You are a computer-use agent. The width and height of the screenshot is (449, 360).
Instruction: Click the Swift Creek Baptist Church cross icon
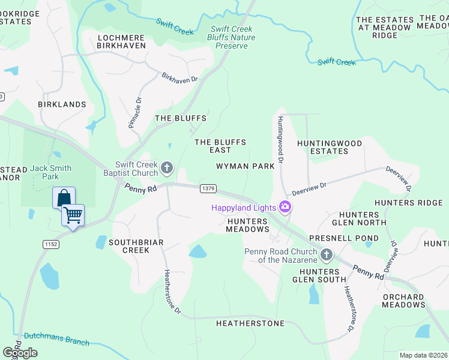point(167,166)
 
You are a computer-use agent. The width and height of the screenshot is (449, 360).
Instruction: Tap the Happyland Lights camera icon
point(285,208)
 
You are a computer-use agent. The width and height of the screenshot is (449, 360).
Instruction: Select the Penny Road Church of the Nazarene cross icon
point(327,256)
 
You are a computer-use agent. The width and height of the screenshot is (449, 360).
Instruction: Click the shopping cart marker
point(73,214)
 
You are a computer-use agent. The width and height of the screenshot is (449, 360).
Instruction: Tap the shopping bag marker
point(64,197)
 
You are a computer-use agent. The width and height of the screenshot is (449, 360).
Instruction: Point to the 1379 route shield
point(208,188)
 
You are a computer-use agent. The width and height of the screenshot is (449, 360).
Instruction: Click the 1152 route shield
point(50,244)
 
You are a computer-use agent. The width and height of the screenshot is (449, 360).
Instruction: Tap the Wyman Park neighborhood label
point(245,166)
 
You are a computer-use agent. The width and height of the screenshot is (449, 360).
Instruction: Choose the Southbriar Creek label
point(127,246)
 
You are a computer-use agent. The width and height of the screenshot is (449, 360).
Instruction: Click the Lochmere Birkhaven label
point(122,41)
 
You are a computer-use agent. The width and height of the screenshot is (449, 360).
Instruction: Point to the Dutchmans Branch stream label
point(56,339)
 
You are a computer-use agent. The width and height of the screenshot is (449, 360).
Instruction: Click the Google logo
point(20,353)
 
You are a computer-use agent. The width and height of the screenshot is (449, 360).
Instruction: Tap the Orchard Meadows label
point(403,301)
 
